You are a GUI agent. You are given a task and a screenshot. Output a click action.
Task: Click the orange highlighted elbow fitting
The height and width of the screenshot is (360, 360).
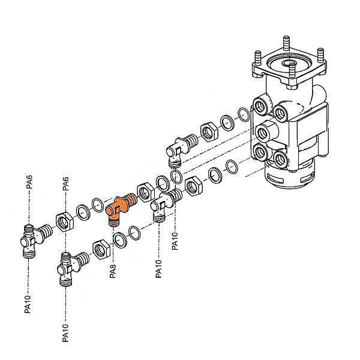pyautogui.click(x=119, y=208)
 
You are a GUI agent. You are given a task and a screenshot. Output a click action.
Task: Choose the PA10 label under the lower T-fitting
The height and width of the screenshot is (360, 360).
pyautogui.click(x=65, y=332)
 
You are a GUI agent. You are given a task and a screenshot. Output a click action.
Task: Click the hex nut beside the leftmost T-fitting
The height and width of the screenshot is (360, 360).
pyautogui.click(x=64, y=221)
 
